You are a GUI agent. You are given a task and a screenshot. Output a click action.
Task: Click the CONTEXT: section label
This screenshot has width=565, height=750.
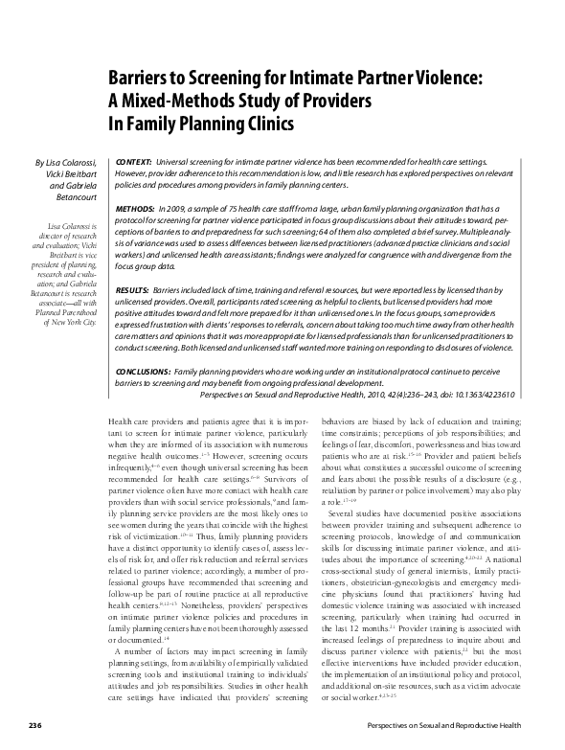click(133, 164)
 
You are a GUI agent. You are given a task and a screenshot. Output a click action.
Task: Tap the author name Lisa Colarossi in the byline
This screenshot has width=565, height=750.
click(74, 164)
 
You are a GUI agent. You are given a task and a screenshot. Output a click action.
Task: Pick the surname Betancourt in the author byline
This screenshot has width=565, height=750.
click(77, 202)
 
